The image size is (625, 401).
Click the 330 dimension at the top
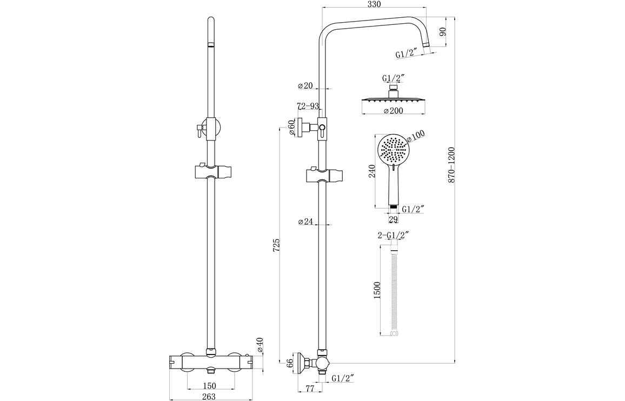[374, 4]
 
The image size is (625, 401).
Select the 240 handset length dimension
[371, 172]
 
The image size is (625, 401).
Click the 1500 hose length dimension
[377, 291]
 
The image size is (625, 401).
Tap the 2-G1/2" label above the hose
[393, 235]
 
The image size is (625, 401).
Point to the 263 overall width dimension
[209, 396]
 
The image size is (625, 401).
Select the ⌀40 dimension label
[260, 345]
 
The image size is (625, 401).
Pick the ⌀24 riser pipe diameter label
[305, 221]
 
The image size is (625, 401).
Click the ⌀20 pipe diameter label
[305, 85]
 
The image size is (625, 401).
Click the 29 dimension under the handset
[393, 219]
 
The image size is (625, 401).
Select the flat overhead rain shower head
[393, 100]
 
